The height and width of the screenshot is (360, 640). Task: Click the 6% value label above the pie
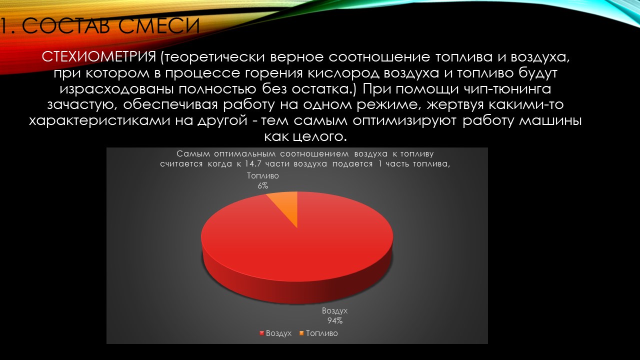tap(263, 186)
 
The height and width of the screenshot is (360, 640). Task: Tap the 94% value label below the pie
tap(335, 321)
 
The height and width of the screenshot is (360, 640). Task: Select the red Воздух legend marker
tap(261, 333)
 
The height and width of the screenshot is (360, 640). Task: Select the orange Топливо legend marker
tap(301, 333)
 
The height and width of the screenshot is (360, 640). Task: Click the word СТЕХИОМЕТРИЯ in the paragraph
tap(99, 57)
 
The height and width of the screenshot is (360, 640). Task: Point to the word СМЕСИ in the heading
tap(159, 26)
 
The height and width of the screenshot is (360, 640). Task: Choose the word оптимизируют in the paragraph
tap(404, 121)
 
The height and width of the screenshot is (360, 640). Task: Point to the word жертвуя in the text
tap(455, 105)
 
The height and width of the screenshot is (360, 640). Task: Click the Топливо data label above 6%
tap(263, 175)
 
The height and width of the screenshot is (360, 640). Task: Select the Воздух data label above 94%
tap(335, 310)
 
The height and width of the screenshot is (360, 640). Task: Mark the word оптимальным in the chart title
tap(245, 154)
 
